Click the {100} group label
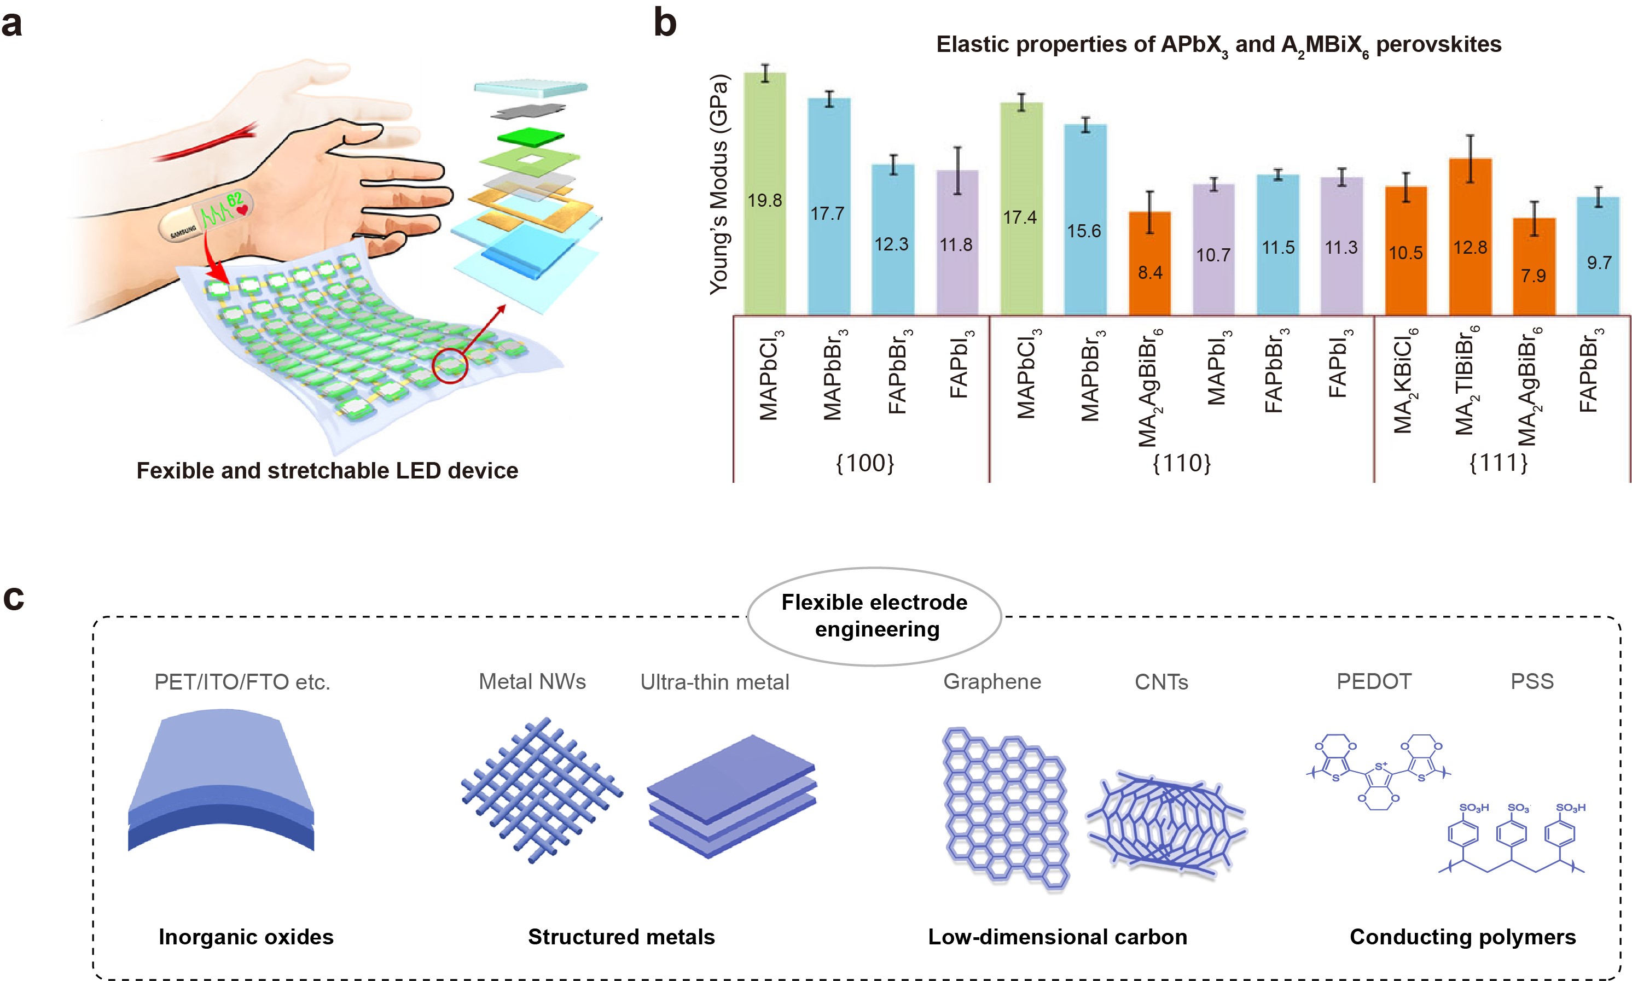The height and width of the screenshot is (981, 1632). [x=864, y=463]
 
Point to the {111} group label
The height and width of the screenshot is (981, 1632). [x=1498, y=463]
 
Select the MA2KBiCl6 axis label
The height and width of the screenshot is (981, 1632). [x=1404, y=381]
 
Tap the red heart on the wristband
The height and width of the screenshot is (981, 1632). [x=243, y=210]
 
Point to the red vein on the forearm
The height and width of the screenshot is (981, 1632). [x=205, y=144]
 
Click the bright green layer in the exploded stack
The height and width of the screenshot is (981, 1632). [x=530, y=137]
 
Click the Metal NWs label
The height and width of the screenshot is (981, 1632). [x=532, y=681]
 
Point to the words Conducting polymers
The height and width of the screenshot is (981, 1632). [x=1462, y=937]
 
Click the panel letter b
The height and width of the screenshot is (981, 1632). [x=665, y=22]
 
